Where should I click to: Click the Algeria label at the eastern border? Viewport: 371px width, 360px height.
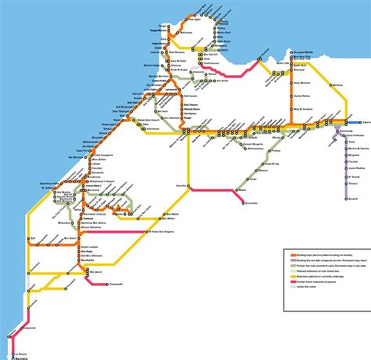point(362,123)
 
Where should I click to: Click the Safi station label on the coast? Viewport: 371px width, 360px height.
point(32,237)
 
